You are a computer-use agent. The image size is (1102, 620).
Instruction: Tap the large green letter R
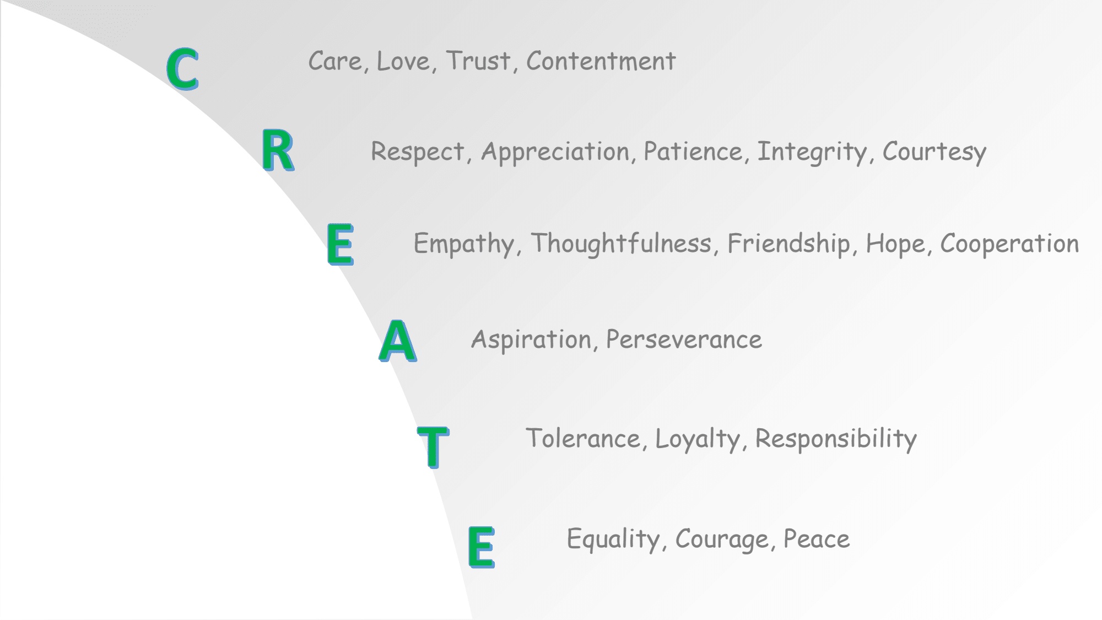277,150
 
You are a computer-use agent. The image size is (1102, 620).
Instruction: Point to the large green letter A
398,341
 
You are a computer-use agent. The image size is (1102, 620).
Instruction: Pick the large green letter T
433,446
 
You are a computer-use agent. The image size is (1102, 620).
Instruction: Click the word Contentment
601,61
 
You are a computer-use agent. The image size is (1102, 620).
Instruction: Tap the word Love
403,61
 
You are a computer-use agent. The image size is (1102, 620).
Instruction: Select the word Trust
478,61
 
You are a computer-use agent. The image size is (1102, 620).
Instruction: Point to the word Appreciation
555,152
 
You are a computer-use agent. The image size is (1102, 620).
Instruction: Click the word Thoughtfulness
622,244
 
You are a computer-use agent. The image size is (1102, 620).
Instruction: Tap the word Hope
895,244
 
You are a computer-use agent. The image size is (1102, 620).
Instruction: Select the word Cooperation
1009,244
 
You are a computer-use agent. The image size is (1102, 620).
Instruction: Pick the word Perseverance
684,340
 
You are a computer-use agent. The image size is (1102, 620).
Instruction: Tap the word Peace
817,539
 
